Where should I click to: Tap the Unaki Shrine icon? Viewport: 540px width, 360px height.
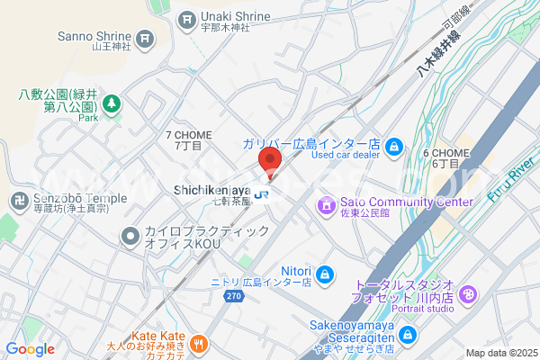click(x=187, y=17)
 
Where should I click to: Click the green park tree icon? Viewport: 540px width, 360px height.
click(x=112, y=104)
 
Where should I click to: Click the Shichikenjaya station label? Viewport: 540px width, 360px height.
click(x=211, y=191)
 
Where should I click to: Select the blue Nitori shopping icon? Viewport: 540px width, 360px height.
click(x=325, y=273)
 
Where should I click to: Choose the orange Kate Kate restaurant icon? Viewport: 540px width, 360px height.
click(x=200, y=343)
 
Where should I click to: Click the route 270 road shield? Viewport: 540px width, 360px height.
click(x=235, y=295)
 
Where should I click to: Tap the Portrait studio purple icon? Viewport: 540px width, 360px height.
click(x=468, y=294)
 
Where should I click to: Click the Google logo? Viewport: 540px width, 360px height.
click(x=30, y=348)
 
